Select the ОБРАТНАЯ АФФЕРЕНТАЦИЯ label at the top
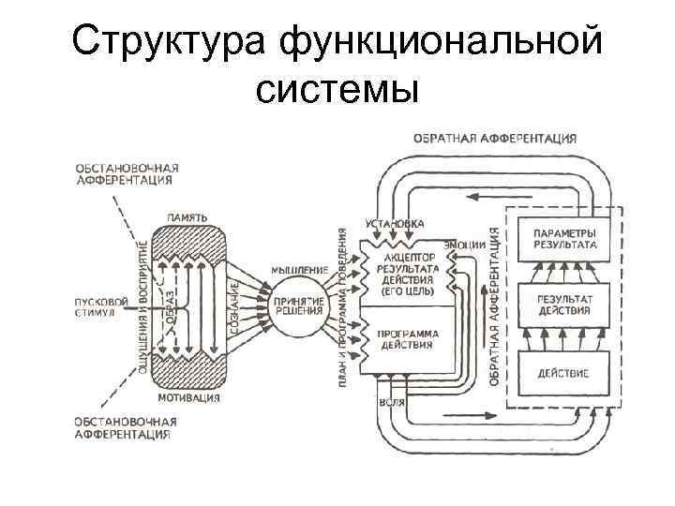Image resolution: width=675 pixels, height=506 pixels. click(495, 138)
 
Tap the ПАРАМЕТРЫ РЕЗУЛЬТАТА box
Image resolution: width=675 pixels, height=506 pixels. click(563, 238)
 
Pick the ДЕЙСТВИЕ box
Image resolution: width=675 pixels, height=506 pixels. click(563, 372)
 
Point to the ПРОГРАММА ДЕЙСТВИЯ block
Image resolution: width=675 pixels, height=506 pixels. click(403, 339)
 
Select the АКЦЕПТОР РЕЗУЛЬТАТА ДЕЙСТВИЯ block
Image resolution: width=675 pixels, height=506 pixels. click(403, 271)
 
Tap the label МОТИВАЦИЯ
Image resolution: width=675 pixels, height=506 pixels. click(188, 397)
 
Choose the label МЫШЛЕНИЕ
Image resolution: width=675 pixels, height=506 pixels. click(299, 270)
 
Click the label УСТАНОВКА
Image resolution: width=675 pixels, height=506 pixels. click(393, 223)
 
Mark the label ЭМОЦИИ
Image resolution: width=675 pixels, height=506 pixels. click(464, 244)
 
